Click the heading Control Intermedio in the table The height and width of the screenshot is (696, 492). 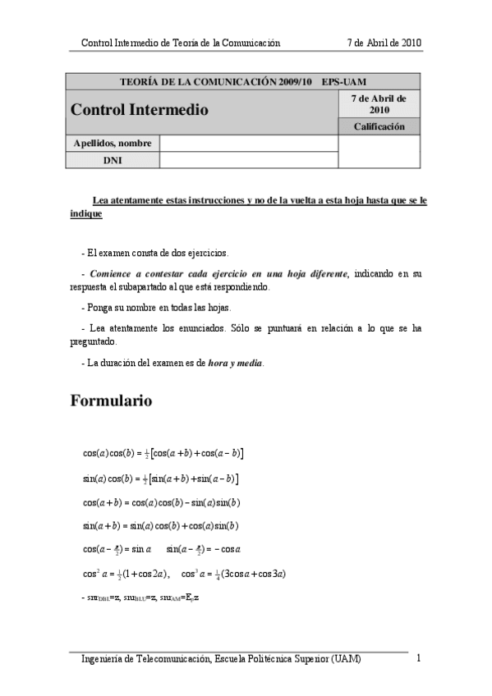(x=140, y=109)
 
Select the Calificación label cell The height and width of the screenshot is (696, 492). (x=379, y=127)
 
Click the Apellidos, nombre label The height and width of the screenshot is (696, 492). (x=113, y=144)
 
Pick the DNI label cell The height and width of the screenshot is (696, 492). (x=113, y=160)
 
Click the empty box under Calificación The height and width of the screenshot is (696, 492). (x=379, y=152)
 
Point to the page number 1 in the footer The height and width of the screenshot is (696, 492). (x=419, y=658)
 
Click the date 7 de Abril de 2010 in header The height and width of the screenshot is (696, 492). (x=385, y=43)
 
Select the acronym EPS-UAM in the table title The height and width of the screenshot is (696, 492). (x=344, y=82)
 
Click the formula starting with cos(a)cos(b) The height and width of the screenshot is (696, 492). (x=163, y=453)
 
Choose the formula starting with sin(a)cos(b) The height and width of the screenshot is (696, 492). (x=161, y=478)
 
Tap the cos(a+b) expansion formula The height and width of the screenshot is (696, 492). (x=161, y=501)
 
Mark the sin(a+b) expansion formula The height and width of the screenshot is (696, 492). (x=161, y=525)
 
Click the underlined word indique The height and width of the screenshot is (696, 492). (x=86, y=213)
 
